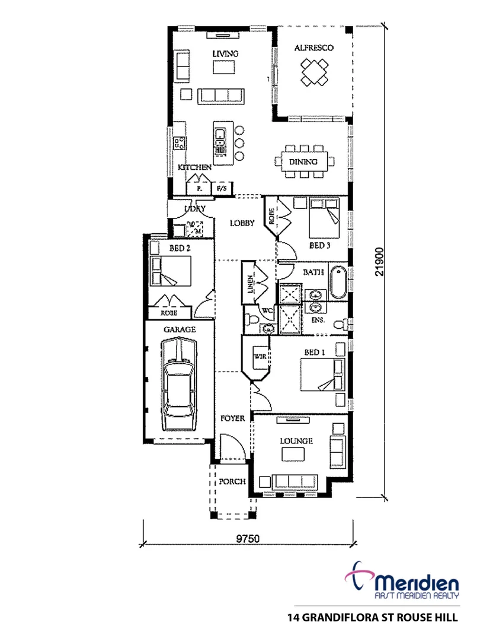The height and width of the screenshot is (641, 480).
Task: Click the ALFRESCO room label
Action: coord(314,48)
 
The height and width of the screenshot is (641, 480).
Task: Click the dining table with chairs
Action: coord(303,161)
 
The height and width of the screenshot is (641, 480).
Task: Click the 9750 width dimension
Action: coord(248,538)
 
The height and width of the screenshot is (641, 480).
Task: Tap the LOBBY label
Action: coord(242,224)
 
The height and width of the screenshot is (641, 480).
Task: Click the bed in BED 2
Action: coord(171,271)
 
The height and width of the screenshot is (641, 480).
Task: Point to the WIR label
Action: coord(259,357)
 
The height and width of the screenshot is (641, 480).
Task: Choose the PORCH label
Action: coord(232,482)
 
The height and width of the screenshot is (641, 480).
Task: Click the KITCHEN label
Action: coord(194,168)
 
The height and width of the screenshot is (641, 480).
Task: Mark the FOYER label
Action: coord(233,418)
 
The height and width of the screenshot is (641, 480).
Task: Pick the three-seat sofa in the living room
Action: coord(220,96)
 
